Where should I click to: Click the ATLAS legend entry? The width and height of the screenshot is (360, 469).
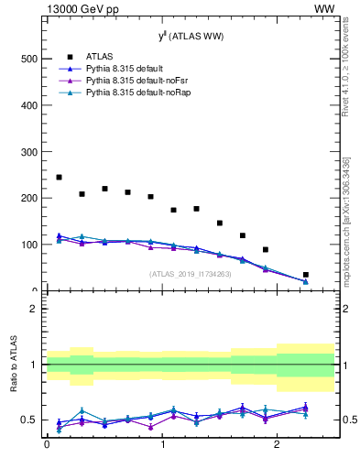[x=99, y=56]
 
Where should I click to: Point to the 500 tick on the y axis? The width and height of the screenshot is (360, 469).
[x=28, y=59]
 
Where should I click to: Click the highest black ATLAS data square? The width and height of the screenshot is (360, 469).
[x=59, y=177]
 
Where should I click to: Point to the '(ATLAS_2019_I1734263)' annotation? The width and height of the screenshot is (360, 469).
[x=190, y=273]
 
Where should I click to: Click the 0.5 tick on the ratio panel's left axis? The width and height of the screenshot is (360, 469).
[x=30, y=420]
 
